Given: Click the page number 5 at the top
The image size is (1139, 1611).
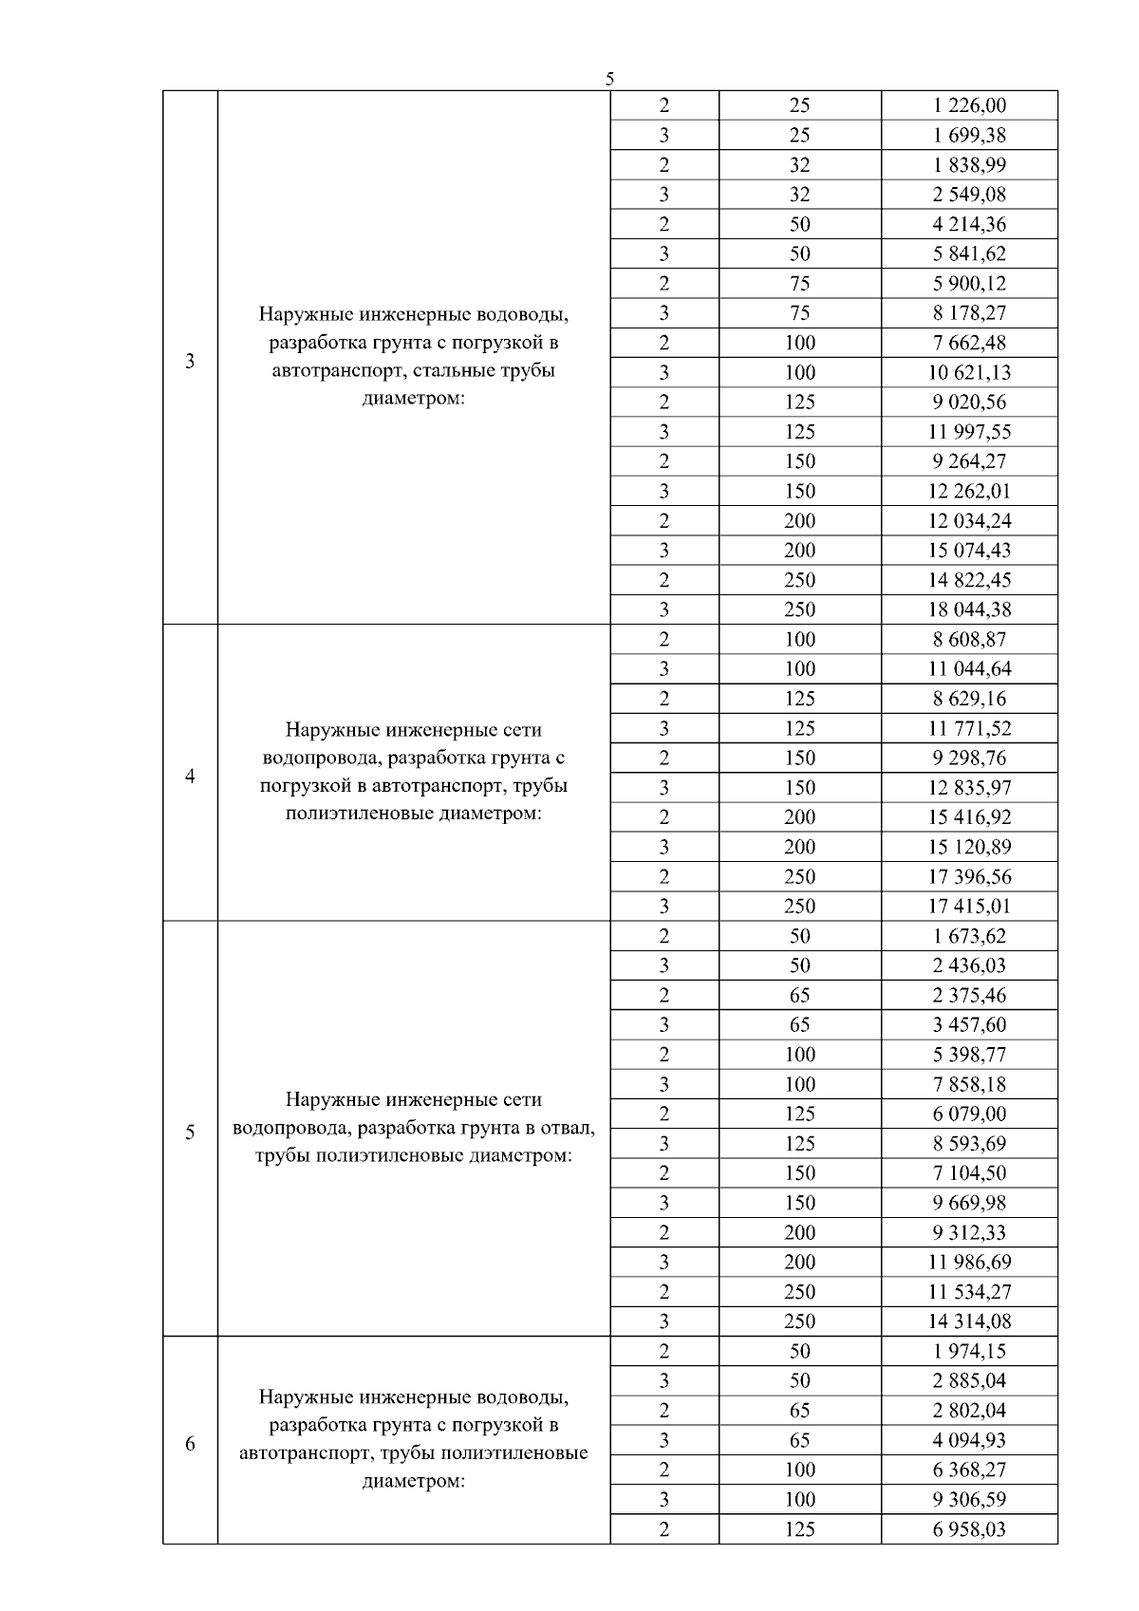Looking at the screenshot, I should (x=609, y=79).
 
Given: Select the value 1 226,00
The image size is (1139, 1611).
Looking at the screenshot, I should (x=969, y=105).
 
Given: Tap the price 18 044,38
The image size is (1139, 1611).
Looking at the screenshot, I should (x=969, y=609).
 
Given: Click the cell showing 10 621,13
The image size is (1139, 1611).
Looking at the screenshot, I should (x=969, y=372).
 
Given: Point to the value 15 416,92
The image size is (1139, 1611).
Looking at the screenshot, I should (x=969, y=817).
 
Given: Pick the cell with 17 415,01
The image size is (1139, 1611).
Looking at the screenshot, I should (x=969, y=907).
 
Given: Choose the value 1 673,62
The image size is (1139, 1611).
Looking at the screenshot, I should (x=969, y=936).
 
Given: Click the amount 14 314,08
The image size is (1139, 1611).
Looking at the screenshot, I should (x=969, y=1321).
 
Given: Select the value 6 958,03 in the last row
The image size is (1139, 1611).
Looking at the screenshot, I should (x=969, y=1529).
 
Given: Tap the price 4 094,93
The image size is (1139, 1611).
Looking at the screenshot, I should (x=969, y=1440).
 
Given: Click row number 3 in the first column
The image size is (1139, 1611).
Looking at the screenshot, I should (x=190, y=361).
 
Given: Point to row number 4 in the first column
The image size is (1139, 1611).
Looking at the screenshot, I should (x=190, y=777).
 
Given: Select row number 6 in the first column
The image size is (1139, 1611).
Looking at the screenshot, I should (x=190, y=1444).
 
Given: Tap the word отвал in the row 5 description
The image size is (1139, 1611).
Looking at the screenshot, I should (x=568, y=1128).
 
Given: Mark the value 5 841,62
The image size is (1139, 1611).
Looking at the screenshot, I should (x=969, y=253).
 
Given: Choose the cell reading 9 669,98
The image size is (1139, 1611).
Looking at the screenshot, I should (x=969, y=1203).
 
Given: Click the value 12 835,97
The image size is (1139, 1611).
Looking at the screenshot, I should (x=969, y=788).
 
